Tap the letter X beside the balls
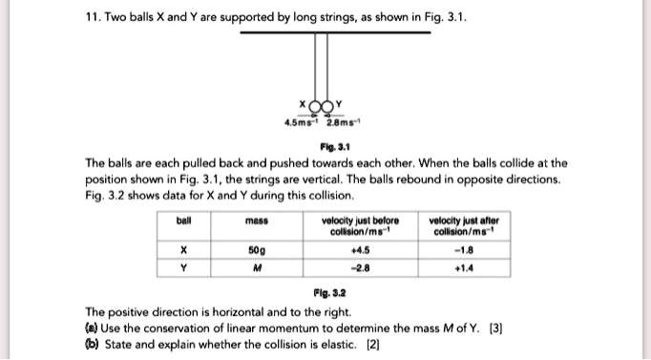(303, 103)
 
